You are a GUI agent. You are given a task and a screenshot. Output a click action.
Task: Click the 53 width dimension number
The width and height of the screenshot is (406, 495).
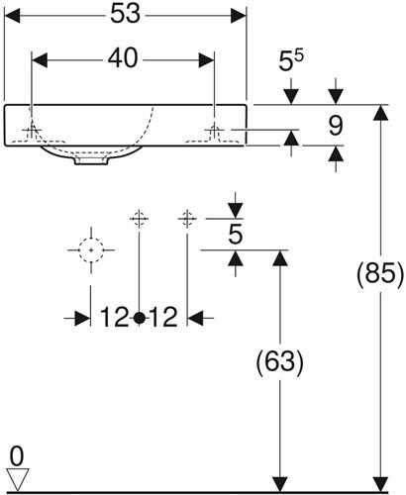125,14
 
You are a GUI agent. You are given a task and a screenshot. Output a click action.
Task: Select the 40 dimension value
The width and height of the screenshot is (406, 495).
123,58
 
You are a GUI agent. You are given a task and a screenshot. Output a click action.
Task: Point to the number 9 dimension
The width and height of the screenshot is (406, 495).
336,126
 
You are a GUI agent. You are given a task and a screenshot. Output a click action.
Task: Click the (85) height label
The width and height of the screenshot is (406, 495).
380,273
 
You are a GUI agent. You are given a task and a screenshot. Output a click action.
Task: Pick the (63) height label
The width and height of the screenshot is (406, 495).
279,362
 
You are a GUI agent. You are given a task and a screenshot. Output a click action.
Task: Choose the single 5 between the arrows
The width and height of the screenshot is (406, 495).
236,235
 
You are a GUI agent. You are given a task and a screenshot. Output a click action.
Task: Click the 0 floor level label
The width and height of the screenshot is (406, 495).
17,456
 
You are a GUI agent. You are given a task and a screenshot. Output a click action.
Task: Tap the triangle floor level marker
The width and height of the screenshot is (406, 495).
18,478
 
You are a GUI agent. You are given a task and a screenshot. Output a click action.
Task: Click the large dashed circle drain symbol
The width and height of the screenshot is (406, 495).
91,249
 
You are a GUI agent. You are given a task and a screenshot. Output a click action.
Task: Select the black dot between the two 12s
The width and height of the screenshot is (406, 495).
140,318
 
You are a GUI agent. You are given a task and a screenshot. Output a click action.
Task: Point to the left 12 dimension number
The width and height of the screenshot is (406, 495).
114,317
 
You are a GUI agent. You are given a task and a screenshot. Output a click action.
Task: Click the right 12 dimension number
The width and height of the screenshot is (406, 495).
163,317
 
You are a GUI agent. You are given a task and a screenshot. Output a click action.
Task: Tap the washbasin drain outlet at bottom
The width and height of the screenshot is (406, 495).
92,160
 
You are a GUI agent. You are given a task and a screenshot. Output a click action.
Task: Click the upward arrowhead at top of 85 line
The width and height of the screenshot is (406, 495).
381,113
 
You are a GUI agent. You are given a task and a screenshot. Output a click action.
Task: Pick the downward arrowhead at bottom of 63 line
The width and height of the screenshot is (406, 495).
280,484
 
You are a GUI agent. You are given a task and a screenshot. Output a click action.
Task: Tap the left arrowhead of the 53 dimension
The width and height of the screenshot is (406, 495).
12,16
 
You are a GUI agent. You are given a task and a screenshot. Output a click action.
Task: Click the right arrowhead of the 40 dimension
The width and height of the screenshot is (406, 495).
206,60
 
